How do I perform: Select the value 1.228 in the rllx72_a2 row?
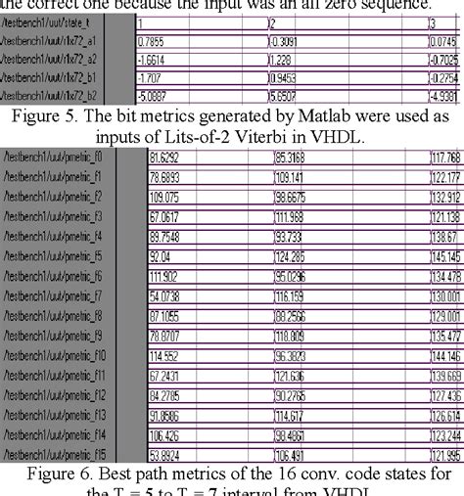283,62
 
